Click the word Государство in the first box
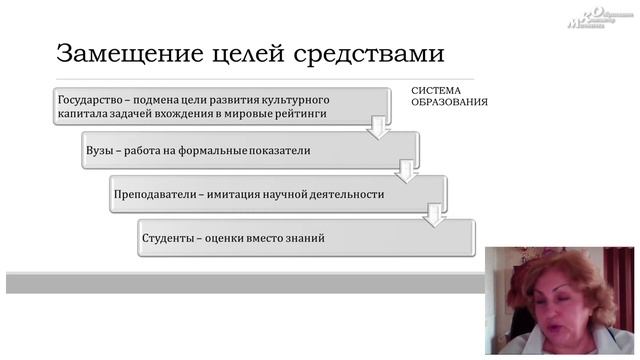pyautogui.click(x=92, y=101)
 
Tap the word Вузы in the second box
pyautogui.click(x=101, y=151)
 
